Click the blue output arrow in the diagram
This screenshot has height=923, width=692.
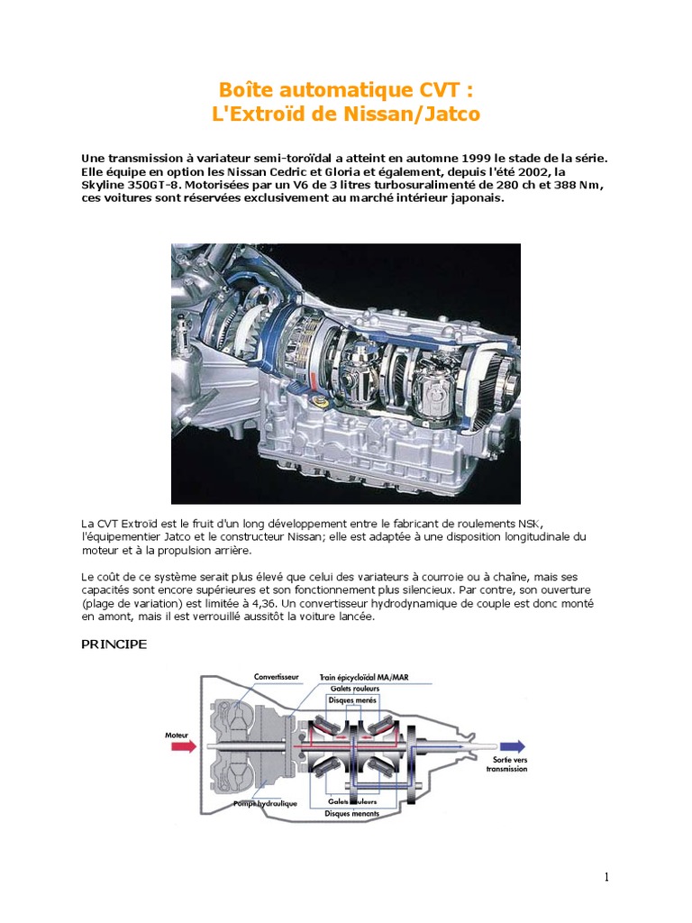512,745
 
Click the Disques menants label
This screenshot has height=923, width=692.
354,812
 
